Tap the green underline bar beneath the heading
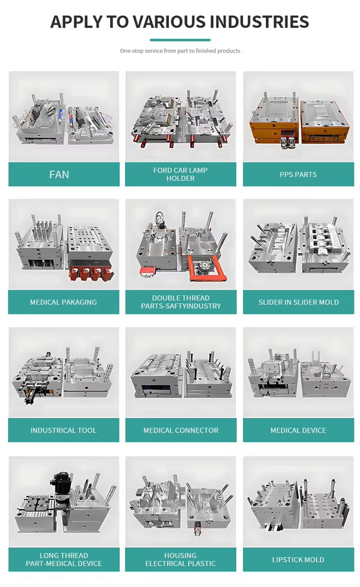[x=180, y=40]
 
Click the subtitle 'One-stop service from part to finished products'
[x=180, y=51]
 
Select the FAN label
[x=59, y=175]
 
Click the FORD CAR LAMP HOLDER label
[x=180, y=175]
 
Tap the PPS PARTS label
[x=298, y=175]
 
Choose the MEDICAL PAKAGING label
[x=63, y=302]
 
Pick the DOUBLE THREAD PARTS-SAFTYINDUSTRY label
[x=181, y=302]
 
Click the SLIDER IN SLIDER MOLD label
[x=298, y=302]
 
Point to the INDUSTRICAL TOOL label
[x=63, y=430]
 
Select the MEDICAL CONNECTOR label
[x=181, y=430]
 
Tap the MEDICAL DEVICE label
[x=298, y=430]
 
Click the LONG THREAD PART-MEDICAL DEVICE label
[x=64, y=560]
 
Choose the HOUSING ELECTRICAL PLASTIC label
[x=180, y=560]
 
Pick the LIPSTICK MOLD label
[x=298, y=560]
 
